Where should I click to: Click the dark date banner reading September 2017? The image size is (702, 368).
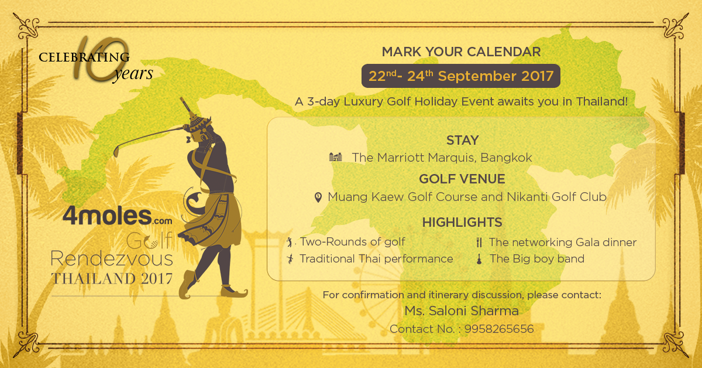coord(461,76)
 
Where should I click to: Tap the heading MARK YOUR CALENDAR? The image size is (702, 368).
coord(462,52)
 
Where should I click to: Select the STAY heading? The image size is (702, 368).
coord(463,140)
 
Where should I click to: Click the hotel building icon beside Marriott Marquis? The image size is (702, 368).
coord(336,157)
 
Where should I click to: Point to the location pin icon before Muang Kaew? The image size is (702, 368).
coord(318,197)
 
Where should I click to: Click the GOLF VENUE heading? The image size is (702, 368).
coord(462,179)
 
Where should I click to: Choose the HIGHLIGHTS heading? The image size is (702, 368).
coord(462,222)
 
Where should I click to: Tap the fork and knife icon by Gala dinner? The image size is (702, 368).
coord(479,242)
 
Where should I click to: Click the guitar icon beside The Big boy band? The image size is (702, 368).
coord(479,259)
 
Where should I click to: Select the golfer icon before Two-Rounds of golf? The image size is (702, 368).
coord(290,242)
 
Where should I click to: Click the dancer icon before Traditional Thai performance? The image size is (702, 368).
coord(290,259)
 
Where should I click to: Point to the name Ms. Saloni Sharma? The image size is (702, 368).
coord(462,311)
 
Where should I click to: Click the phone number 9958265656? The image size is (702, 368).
coord(499,329)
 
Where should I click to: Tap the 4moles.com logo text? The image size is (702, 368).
coord(118,216)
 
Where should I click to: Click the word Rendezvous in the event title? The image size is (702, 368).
coord(112,259)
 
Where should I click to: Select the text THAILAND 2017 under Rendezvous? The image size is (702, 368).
coord(112,279)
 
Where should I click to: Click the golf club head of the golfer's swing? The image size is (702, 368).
coord(116,152)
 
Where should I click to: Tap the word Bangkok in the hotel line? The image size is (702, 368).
coord(506,158)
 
